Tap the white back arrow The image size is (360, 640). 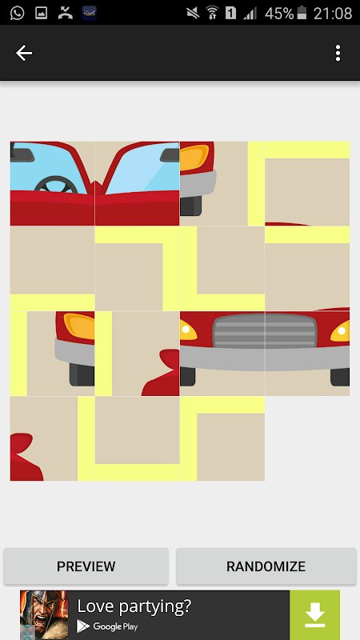point(24,53)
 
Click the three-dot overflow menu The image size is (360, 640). point(338,53)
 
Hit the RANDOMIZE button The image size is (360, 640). point(266,566)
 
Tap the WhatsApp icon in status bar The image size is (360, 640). point(17,13)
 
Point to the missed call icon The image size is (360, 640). point(65,13)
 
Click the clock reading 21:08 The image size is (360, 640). point(333,14)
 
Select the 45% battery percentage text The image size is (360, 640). point(279,14)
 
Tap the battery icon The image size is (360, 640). point(302,13)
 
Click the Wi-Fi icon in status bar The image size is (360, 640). point(212,13)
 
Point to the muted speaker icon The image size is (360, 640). point(193,13)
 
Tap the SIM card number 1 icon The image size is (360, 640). point(230,13)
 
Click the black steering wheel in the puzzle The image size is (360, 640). point(56,186)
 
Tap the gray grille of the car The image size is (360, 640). point(265,330)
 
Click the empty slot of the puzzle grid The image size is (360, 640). point(307,438)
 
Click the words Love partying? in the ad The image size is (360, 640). point(134,606)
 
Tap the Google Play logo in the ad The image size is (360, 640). point(83,626)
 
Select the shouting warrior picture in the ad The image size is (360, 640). point(44,615)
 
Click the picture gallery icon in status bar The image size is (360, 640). point(42,13)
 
